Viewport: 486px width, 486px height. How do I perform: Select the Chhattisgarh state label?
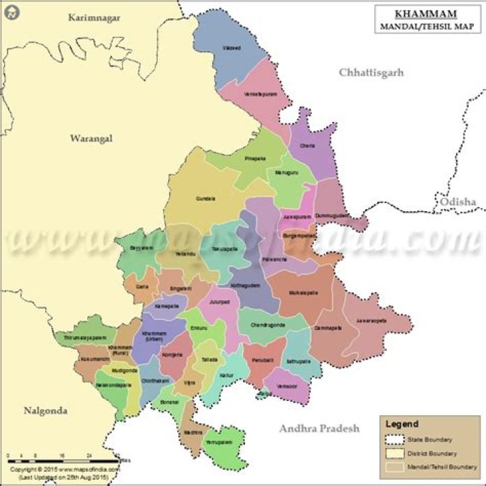[x=371, y=72]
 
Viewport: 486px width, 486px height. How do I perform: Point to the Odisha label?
[x=458, y=202]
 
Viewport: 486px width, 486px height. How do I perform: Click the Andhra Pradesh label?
[x=319, y=428]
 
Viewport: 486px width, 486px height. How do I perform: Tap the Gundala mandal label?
[x=206, y=198]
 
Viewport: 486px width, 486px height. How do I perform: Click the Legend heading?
[x=402, y=424]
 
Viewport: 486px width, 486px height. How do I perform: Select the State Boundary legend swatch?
[x=394, y=439]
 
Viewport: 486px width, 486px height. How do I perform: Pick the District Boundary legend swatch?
[x=394, y=453]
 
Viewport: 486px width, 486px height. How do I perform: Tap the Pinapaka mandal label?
[x=254, y=159]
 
